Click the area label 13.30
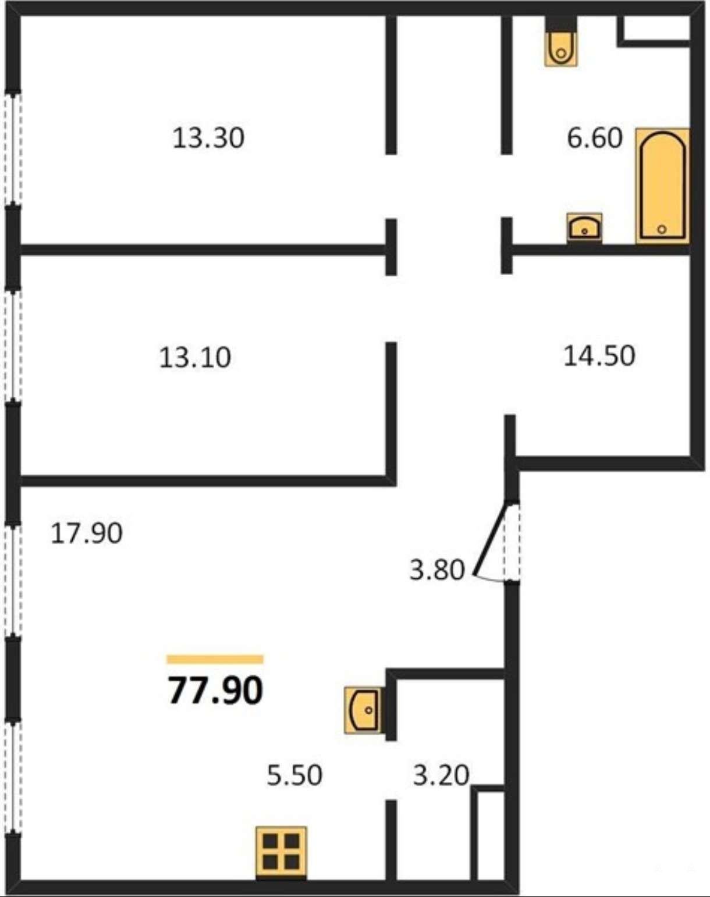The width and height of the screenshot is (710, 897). pos(208,138)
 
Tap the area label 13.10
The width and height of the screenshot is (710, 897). pos(195,357)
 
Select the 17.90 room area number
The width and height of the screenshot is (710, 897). pos(86,533)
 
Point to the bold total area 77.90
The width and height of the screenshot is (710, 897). pos(215,690)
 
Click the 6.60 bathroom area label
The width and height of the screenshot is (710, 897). pos(594,138)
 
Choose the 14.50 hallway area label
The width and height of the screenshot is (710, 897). pos(599,355)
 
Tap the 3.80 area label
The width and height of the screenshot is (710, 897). pos(436,570)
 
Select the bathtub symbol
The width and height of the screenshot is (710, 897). pos(662,186)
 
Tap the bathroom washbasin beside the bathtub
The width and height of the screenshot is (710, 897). pos(584,227)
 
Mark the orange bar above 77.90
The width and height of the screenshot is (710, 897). pos(215,659)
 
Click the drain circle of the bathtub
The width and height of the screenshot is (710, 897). pos(662,229)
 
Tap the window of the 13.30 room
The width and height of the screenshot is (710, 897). pos(13,148)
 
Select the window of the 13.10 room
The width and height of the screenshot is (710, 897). pos(13,345)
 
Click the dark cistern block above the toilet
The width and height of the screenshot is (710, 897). pos(561,24)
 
